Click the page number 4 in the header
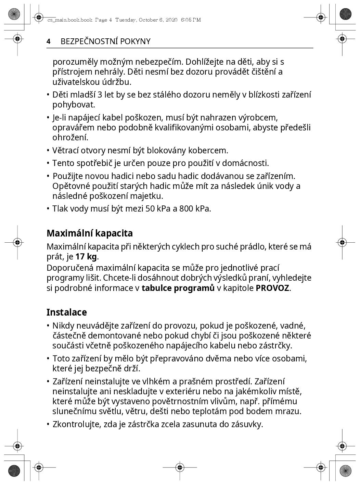49,41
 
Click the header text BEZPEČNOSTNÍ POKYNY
105,41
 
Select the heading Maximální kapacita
90,233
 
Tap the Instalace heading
67,312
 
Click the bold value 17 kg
86,257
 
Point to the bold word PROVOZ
272,288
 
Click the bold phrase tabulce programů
178,288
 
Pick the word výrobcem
259,118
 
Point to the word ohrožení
70,138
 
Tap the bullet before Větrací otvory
48,150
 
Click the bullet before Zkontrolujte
48,424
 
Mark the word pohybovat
74,105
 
